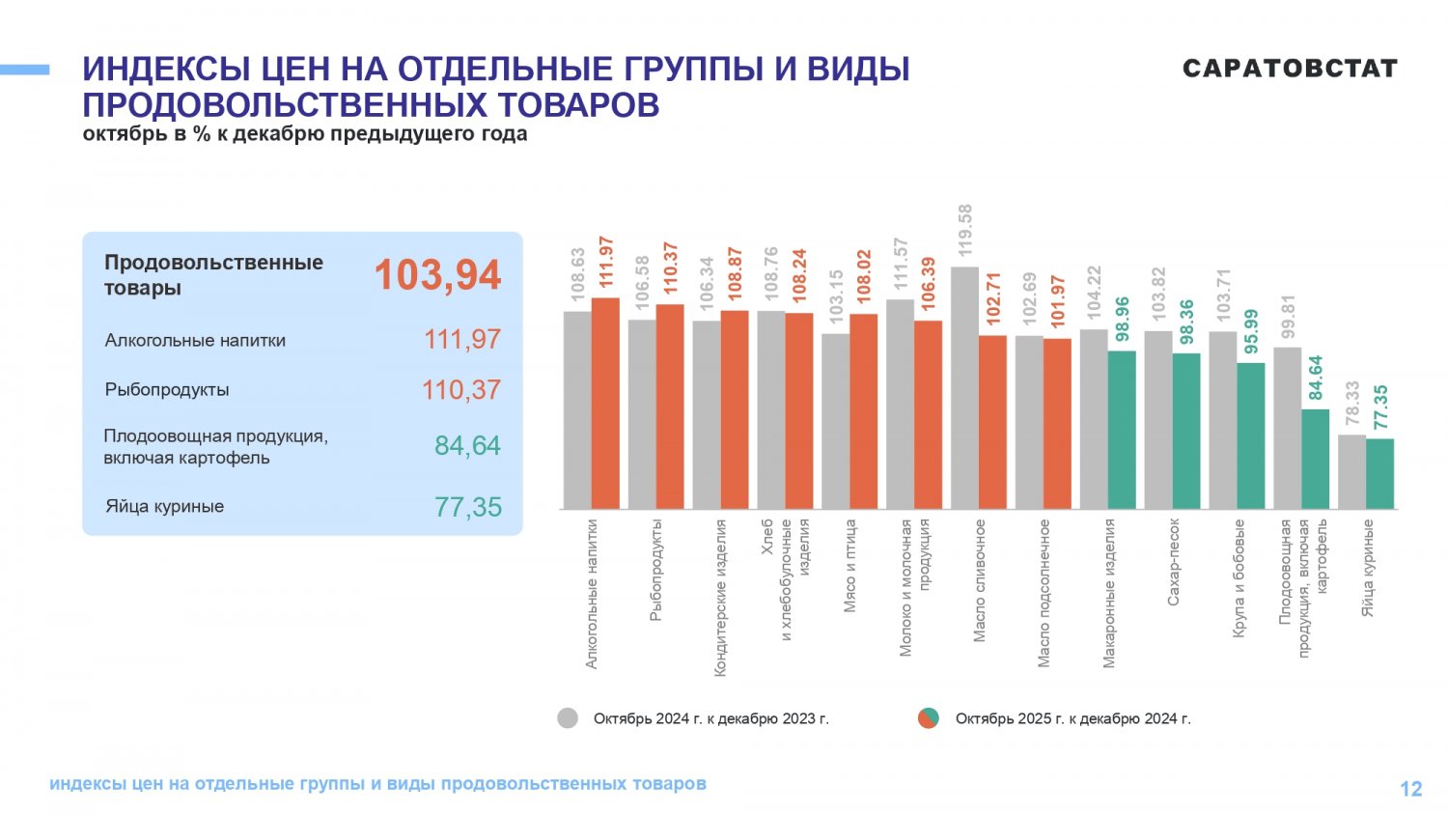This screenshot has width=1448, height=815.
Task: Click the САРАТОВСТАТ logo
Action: coord(1290,69)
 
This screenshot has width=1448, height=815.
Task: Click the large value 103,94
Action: coord(437,275)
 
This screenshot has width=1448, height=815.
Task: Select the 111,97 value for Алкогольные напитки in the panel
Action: coord(462,340)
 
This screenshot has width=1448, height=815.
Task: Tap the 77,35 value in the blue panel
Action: coord(468,507)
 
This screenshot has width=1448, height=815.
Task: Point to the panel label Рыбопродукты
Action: coord(167,390)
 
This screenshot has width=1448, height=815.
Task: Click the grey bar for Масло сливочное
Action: coord(964,388)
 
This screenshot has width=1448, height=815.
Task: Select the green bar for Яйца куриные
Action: coord(1379,474)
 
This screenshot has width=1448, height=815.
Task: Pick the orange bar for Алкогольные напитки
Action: coord(605,404)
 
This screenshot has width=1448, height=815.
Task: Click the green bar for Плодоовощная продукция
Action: coord(1315,459)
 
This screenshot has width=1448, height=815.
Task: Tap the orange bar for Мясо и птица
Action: coord(863,411)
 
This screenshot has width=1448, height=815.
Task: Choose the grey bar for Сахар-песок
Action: coord(1157,420)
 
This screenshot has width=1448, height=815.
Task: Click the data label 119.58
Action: coord(964,230)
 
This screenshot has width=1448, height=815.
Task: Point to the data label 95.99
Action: coord(1251,332)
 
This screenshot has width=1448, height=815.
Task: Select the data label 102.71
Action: coord(993,298)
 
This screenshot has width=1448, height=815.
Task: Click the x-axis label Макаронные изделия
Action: coord(1108,593)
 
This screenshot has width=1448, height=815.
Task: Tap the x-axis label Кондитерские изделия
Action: coord(720,597)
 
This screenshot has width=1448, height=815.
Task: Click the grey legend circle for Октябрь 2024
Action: coord(568,718)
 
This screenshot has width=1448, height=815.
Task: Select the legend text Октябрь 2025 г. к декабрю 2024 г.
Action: coord(1072,718)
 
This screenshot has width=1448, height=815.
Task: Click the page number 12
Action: coord(1410,789)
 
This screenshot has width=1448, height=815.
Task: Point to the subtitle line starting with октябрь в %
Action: coord(305,134)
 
